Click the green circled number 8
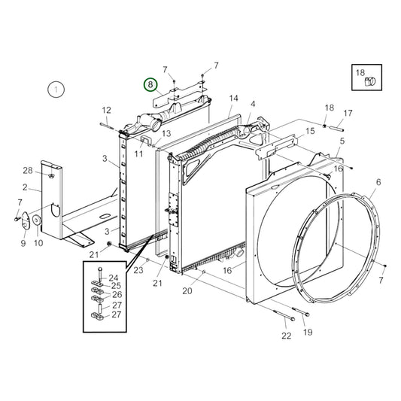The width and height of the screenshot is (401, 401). click(150, 85)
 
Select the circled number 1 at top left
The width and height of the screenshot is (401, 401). click(53, 90)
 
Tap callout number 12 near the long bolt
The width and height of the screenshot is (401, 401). click(106, 110)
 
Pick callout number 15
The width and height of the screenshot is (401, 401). click(309, 132)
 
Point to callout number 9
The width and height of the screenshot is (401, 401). click(23, 243)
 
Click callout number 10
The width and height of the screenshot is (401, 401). click(38, 243)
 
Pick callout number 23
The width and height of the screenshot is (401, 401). click(138, 269)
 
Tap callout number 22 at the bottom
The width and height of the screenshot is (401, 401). click(286, 336)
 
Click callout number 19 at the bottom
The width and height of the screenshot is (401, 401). click(308, 332)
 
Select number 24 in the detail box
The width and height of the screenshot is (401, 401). click(114, 278)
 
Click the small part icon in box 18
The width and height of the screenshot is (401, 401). click(369, 82)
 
